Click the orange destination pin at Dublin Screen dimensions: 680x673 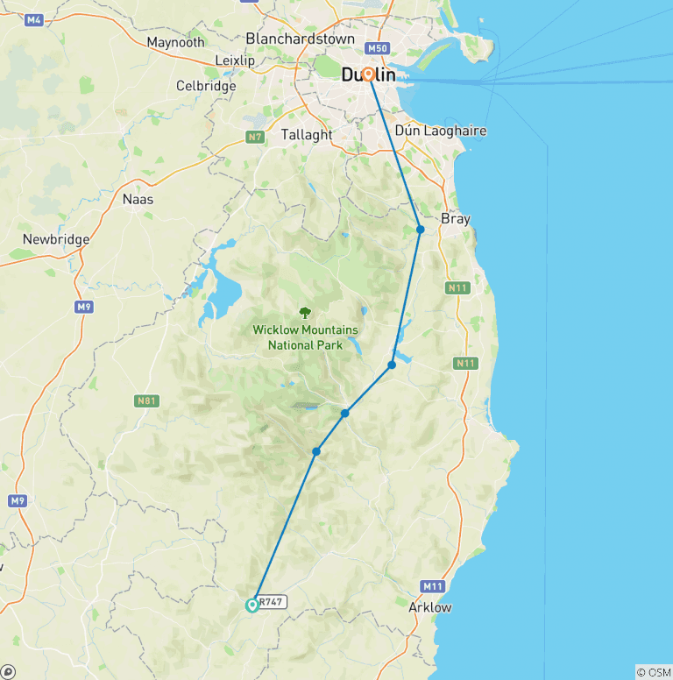(x=369, y=76)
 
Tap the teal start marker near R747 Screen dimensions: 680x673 (x=252, y=605)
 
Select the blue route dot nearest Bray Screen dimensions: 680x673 (x=421, y=230)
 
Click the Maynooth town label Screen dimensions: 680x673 (x=175, y=42)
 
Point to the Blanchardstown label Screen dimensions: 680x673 (x=301, y=39)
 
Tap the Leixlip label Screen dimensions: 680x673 (x=234, y=60)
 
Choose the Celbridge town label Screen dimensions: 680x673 (x=206, y=86)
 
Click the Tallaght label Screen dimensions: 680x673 (x=307, y=135)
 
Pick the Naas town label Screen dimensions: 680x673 (x=138, y=199)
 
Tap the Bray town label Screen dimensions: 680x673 (x=456, y=219)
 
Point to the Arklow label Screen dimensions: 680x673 (x=430, y=607)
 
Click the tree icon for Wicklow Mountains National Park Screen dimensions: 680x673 (x=305, y=312)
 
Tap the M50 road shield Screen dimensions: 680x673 (x=378, y=48)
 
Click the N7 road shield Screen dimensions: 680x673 (x=255, y=137)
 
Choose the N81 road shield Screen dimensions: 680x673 (x=146, y=400)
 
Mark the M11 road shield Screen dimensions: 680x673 (x=432, y=586)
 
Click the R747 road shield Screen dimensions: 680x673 (x=273, y=603)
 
